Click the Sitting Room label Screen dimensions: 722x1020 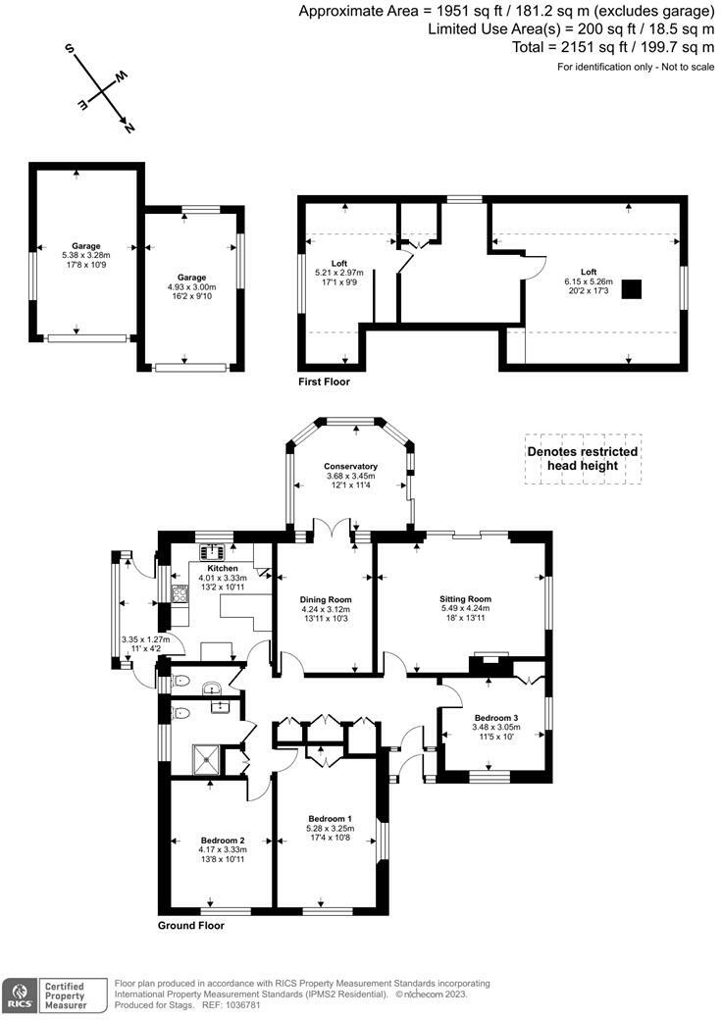(x=465, y=599)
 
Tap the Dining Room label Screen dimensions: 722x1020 (x=326, y=600)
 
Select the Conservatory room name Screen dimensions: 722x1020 (x=350, y=467)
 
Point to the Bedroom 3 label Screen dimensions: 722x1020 (x=496, y=718)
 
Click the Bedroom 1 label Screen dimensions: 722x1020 (x=331, y=818)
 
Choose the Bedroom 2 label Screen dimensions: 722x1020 (x=223, y=841)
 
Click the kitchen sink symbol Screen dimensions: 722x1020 (x=212, y=551)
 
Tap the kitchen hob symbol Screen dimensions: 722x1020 (x=180, y=594)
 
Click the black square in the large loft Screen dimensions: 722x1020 (x=632, y=288)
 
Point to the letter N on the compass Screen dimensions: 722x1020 (x=129, y=127)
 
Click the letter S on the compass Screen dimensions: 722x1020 (x=70, y=49)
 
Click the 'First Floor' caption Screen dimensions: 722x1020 (x=324, y=382)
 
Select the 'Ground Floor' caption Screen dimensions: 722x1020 (x=191, y=925)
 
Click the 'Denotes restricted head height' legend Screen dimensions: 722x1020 (x=583, y=459)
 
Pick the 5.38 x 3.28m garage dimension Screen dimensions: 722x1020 (x=86, y=256)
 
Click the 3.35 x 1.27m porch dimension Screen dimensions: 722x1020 (x=146, y=639)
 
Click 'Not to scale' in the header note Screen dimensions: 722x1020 (x=688, y=67)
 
